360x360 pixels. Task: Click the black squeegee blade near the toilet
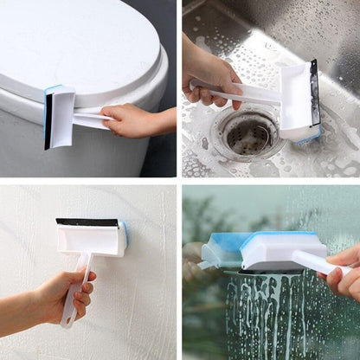pos(48,121)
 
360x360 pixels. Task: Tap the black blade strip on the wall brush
pos(87,222)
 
